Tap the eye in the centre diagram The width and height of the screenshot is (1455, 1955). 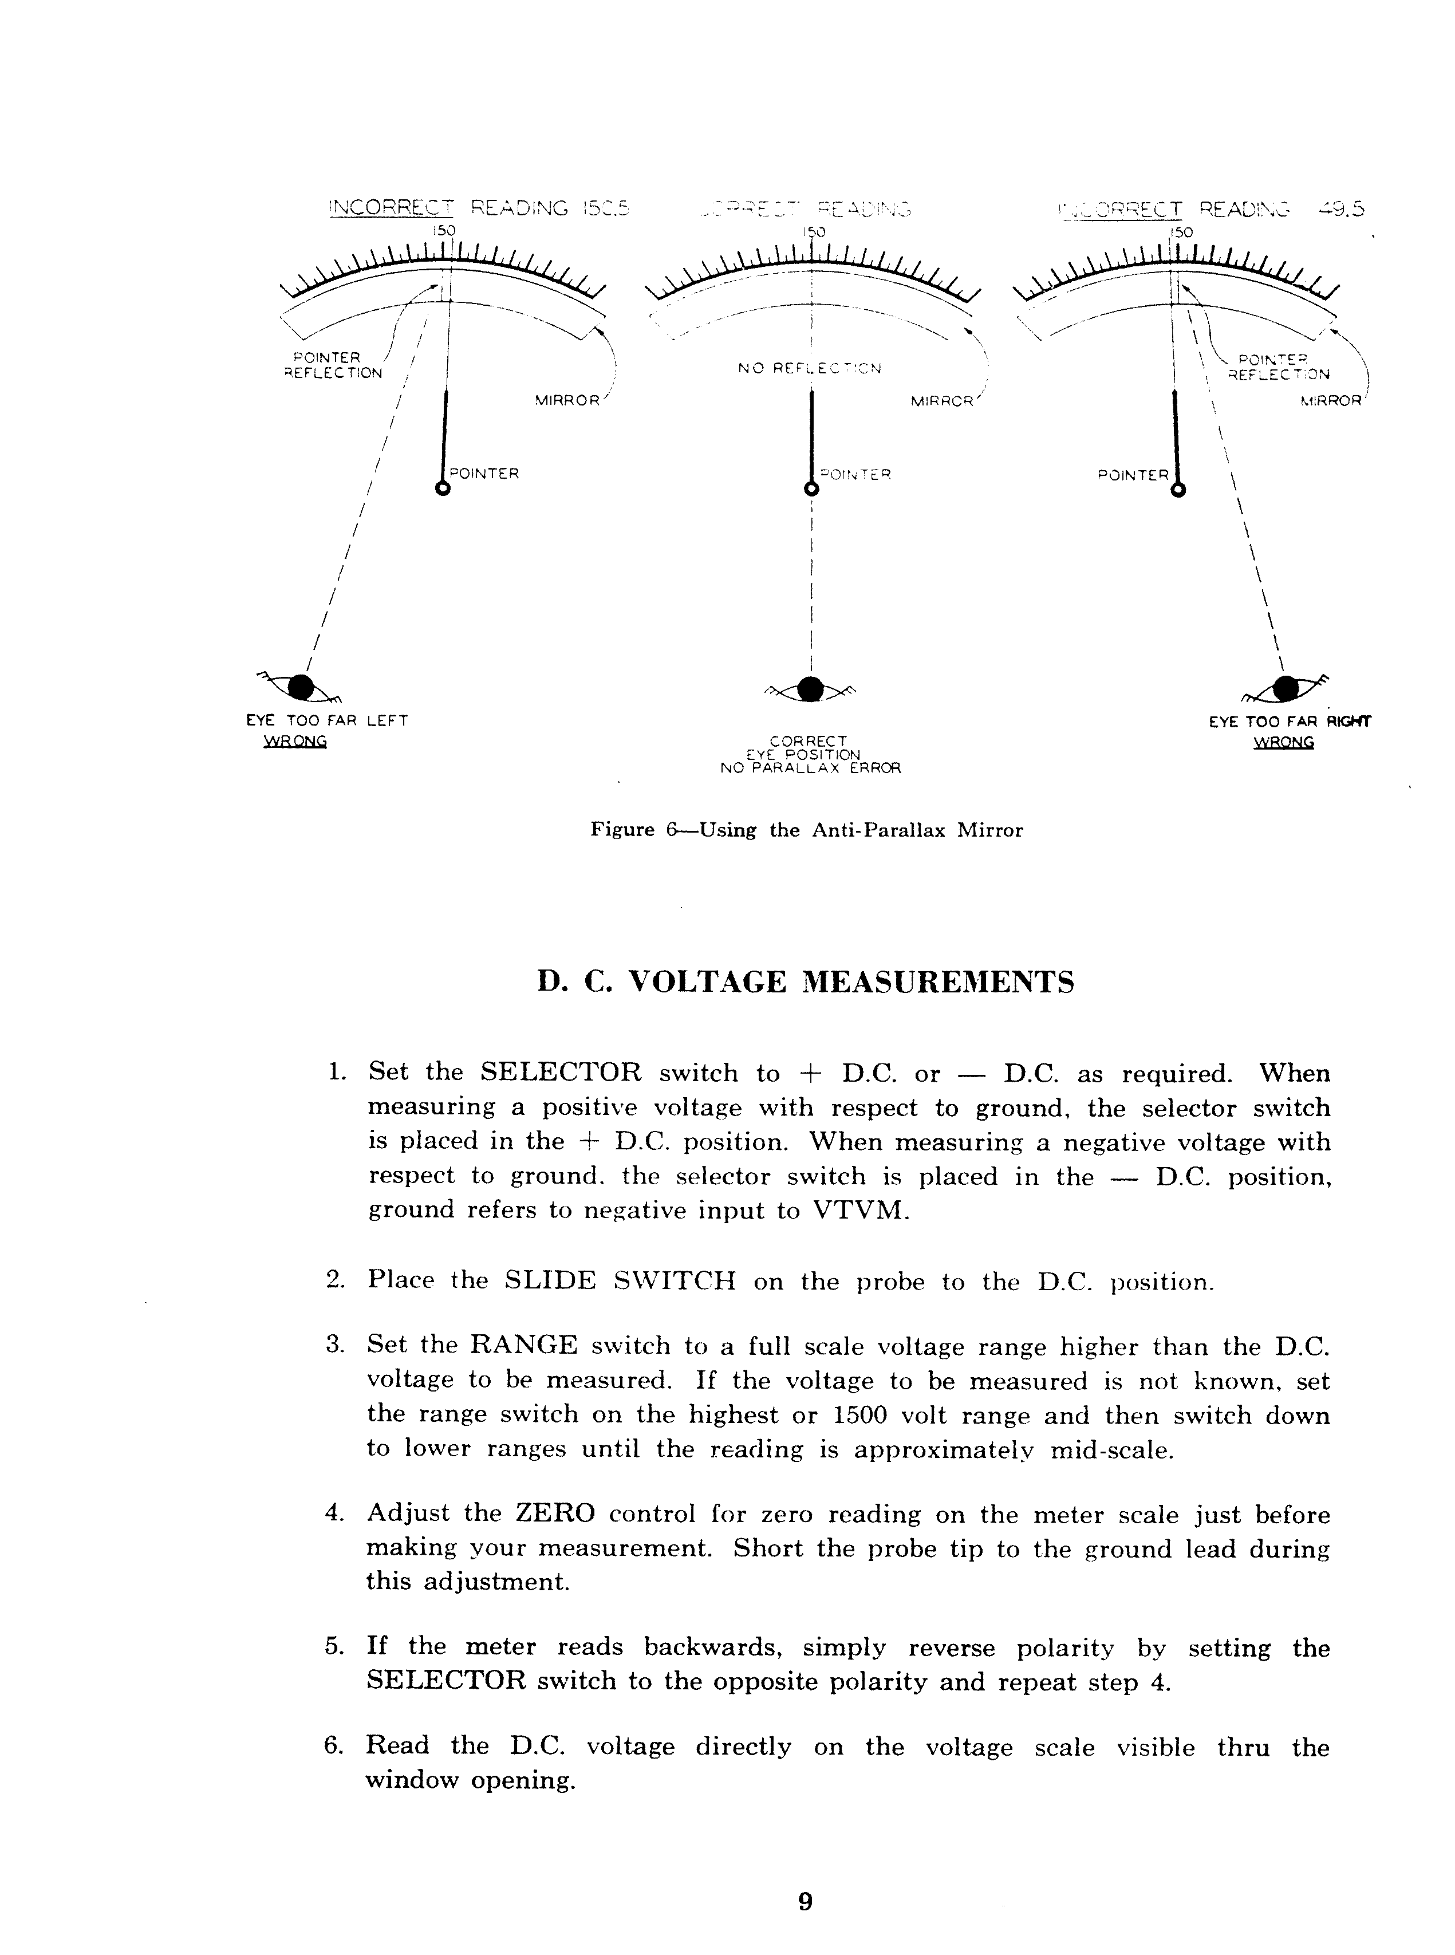pos(810,689)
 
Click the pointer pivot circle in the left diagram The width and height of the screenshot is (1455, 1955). pos(443,490)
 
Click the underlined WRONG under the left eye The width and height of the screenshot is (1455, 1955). pos(295,742)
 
